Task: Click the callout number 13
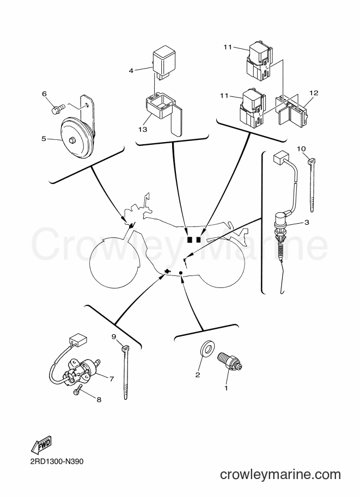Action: coord(143,130)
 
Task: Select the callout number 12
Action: coord(314,93)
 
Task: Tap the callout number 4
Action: coord(131,71)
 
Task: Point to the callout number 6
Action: coord(45,94)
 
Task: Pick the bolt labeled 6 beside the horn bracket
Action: coord(58,109)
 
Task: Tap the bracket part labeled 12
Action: coord(291,110)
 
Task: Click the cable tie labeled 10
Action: coord(312,185)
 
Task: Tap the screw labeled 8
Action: coord(78,389)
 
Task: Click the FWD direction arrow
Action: coord(41,445)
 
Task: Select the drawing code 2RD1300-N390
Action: coord(57,461)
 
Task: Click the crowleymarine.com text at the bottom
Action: coord(280,474)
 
